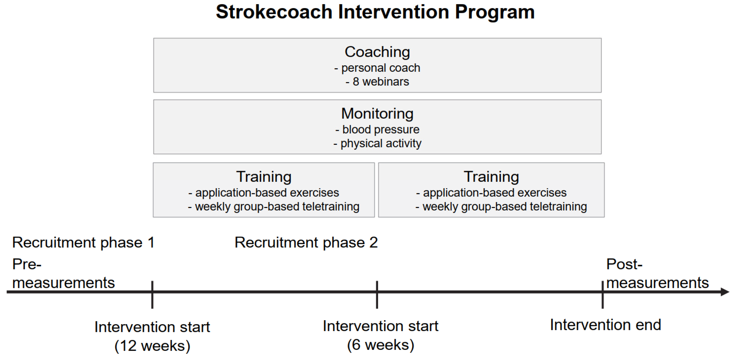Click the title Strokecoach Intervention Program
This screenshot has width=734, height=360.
375,12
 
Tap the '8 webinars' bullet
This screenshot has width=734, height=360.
377,82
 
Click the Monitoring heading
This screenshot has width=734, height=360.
377,113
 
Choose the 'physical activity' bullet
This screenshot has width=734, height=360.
377,143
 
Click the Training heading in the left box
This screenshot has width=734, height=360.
264,177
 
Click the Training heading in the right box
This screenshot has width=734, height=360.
491,177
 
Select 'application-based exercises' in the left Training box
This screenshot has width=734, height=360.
264,193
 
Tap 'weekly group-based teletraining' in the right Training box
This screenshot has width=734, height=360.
501,207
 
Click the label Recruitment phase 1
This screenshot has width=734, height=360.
83,242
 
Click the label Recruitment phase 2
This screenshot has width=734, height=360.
306,242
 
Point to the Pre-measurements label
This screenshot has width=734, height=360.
63,273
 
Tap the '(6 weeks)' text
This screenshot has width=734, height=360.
381,345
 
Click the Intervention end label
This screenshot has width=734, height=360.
606,325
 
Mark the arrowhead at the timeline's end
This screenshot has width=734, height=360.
725,292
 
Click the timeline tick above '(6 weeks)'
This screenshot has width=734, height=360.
377,295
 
